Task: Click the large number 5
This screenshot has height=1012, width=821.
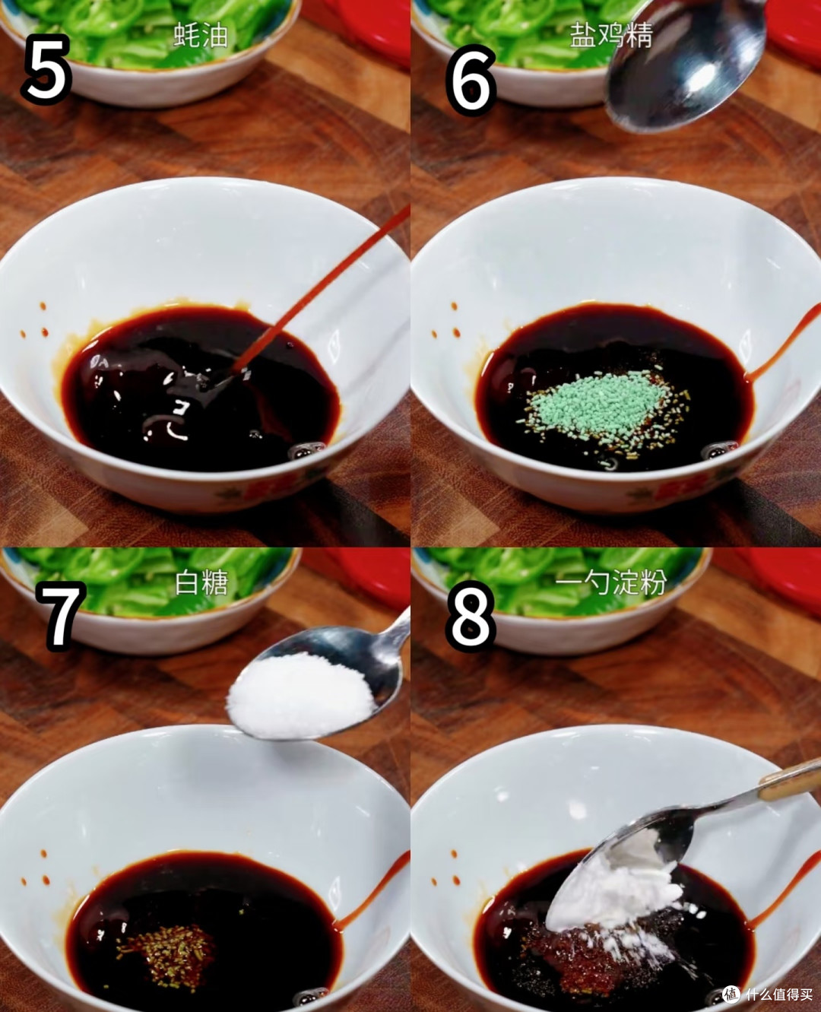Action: (46, 70)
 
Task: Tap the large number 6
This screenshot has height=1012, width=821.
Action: (471, 79)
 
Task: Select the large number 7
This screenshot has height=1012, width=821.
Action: (60, 615)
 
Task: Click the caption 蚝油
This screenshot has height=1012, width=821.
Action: (201, 36)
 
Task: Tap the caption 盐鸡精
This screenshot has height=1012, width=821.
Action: (611, 35)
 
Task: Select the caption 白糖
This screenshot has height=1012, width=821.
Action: (201, 582)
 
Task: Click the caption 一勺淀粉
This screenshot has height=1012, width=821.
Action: (611, 582)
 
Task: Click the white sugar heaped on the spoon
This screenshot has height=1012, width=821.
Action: (300, 696)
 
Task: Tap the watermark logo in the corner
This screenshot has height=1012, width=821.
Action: (731, 993)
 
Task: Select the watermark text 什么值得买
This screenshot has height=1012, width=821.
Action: (779, 994)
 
